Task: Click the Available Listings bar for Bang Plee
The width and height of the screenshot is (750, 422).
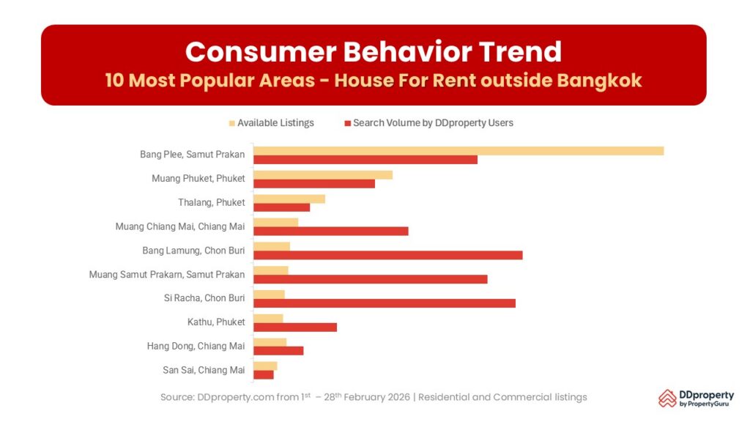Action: [x=458, y=151]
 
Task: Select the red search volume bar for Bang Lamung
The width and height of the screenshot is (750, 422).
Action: [x=387, y=255]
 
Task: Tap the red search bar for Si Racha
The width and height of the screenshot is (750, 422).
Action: [x=384, y=303]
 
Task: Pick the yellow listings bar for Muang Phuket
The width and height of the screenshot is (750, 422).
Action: [x=322, y=175]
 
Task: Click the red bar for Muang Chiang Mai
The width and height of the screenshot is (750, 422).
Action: [x=330, y=231]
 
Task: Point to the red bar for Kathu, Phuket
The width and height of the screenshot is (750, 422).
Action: [x=294, y=327]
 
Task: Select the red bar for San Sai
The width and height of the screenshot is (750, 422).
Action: [x=263, y=374]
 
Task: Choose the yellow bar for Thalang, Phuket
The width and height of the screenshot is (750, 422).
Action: [x=289, y=199]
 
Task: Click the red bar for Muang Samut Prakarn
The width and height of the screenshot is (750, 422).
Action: [x=370, y=279]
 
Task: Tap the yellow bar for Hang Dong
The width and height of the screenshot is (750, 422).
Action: [x=270, y=342]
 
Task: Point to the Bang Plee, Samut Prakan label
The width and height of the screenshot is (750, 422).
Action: [x=192, y=155]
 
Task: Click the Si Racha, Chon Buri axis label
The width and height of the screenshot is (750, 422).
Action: [x=204, y=298]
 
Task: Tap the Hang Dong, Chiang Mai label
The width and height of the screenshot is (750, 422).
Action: [x=196, y=346]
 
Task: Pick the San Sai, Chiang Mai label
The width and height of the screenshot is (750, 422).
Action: [x=204, y=370]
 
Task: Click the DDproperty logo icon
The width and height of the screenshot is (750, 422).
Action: [x=667, y=398]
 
